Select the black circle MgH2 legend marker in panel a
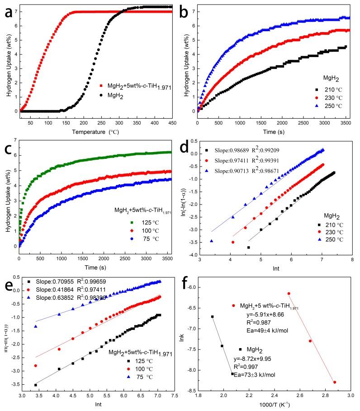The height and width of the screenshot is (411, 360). click(101, 96)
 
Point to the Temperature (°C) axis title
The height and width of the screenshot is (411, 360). click(95, 132)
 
